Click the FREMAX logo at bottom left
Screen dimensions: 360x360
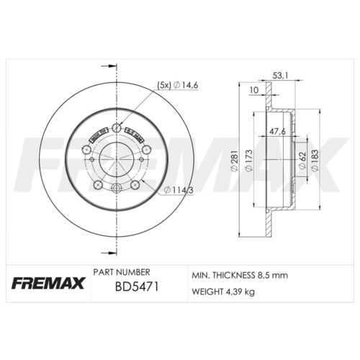(x=48, y=282)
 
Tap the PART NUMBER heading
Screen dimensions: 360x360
(x=121, y=272)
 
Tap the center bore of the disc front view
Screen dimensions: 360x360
(x=115, y=158)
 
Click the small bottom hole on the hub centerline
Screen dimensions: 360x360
(x=115, y=188)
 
